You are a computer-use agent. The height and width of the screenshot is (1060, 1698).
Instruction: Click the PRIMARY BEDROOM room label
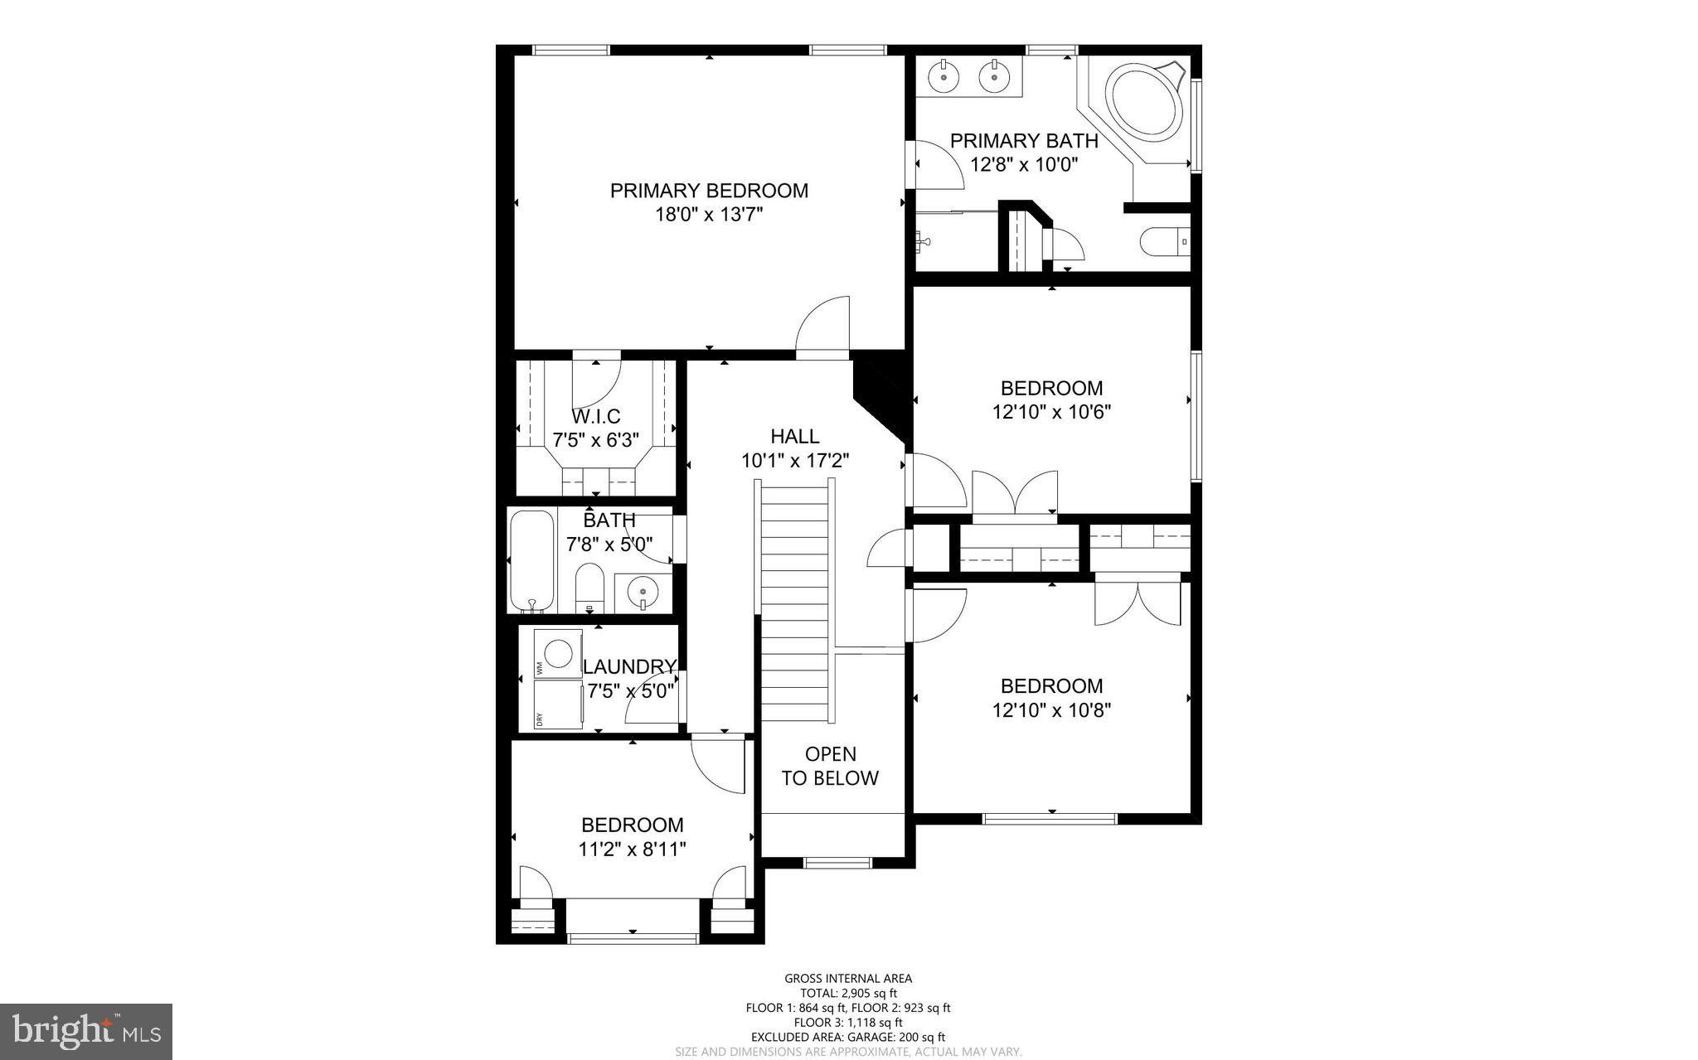[x=709, y=191]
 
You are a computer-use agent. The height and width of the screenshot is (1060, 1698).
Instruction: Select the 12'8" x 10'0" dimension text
[x=1024, y=165]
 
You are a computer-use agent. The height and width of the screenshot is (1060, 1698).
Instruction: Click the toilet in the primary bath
[x=1165, y=242]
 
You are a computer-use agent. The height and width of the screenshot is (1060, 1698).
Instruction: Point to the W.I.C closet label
[x=595, y=416]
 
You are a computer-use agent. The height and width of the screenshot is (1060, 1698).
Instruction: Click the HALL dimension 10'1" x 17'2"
[x=795, y=461]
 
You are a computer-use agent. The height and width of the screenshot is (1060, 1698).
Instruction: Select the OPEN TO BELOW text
[x=830, y=766]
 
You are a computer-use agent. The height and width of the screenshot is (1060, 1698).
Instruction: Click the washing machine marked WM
[x=557, y=654]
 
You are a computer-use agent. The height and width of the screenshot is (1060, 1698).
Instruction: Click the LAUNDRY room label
[x=629, y=667]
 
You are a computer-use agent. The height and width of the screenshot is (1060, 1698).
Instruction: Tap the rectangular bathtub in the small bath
[x=531, y=560]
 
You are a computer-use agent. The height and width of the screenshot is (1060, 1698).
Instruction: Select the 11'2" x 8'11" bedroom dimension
[x=633, y=849]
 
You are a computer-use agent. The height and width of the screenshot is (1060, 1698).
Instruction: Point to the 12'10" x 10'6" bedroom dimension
[x=1051, y=412]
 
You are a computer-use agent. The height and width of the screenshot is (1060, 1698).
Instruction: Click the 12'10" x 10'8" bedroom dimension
[x=1051, y=710]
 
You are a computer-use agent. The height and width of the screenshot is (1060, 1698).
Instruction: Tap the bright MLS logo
[x=86, y=1032]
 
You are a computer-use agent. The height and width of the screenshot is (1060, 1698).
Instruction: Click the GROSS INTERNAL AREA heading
[x=848, y=979]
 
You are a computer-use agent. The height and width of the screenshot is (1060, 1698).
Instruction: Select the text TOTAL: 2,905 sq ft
[x=848, y=994]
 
